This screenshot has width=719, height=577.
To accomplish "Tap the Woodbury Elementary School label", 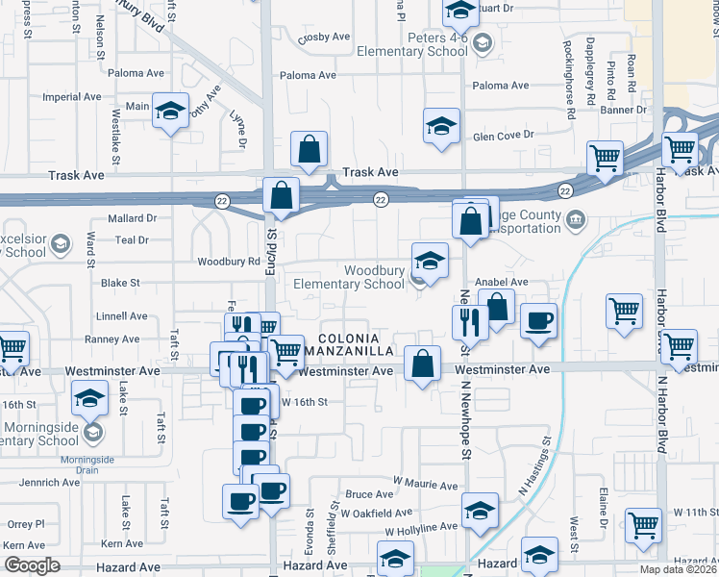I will [x=349, y=277].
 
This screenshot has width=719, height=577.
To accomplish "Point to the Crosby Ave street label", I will [x=324, y=37].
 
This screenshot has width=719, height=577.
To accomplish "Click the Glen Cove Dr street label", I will [x=503, y=135].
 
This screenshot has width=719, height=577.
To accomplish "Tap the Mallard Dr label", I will [x=132, y=218].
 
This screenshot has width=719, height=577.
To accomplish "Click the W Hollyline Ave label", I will [x=421, y=529].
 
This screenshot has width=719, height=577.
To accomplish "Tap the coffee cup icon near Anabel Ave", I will [x=539, y=320].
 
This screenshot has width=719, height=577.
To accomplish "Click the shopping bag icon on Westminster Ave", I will [x=423, y=364].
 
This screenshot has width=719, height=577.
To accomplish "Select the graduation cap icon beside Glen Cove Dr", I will [x=441, y=126].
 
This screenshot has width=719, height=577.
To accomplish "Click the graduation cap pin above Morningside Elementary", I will [x=90, y=397].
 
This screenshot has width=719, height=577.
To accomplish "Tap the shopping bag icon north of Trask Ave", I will [x=310, y=149].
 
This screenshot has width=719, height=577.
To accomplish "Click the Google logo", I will [x=32, y=565].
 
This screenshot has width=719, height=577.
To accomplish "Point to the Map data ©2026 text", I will [x=678, y=569].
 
